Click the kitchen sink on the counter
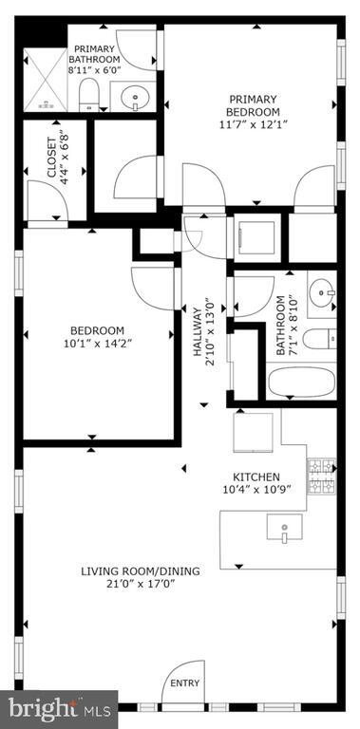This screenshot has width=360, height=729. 282,528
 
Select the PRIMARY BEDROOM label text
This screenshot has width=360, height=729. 252,105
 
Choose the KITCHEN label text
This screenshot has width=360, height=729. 256,477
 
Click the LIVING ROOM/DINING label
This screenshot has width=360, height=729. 140,570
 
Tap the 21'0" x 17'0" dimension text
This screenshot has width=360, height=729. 140,585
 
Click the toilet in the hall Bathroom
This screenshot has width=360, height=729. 322,335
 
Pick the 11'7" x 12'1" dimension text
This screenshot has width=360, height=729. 252,124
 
